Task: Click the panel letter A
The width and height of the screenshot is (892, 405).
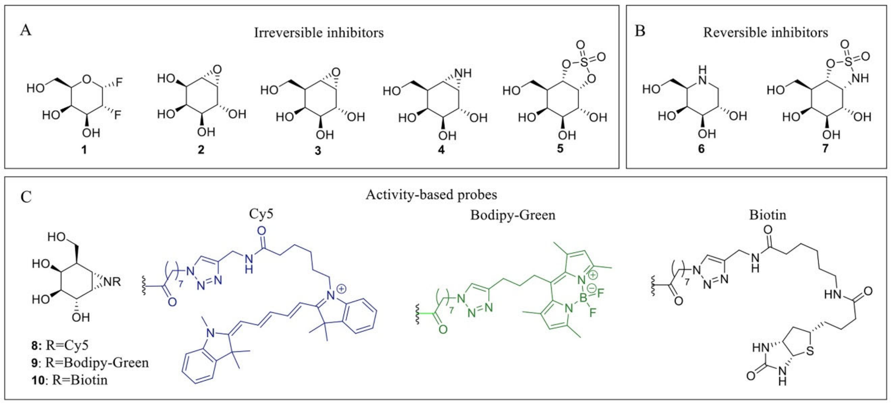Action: [x=26, y=30]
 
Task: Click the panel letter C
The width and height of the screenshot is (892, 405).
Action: [x=26, y=198]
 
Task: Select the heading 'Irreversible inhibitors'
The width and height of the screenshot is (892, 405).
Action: [x=319, y=33]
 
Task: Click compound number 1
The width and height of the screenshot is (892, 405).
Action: [x=84, y=150]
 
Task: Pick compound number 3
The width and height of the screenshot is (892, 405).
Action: [x=318, y=151]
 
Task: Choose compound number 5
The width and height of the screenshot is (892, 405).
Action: [x=560, y=149]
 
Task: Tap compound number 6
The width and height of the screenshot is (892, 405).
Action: [x=701, y=149]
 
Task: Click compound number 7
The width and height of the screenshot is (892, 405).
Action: [x=826, y=149]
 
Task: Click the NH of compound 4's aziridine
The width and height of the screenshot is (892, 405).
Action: [x=463, y=73]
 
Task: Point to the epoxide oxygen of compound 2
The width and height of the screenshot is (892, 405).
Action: [x=217, y=70]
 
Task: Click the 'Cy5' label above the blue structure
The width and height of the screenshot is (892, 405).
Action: [x=261, y=214]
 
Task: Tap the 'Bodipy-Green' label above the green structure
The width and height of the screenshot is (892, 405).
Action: [x=512, y=215]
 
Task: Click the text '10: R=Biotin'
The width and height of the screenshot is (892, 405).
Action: [x=69, y=380]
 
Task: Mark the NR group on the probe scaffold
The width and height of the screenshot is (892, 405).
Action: [x=112, y=282]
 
